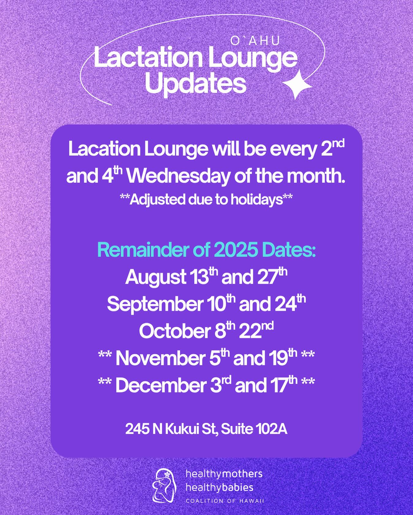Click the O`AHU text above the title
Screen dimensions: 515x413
(255, 41)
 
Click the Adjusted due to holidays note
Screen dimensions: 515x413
(206, 200)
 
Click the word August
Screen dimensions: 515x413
(156, 277)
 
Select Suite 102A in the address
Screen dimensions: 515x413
(254, 429)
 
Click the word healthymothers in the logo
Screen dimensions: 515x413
(224, 474)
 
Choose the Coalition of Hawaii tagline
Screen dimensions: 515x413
(225, 501)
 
